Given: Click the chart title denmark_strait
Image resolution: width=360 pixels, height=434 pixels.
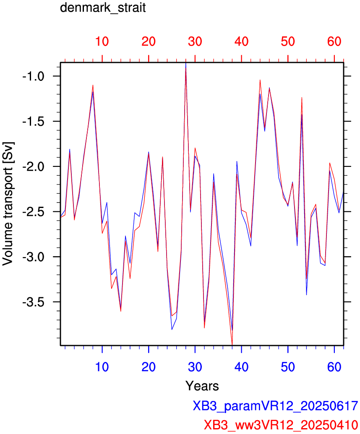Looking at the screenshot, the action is [x=103, y=8].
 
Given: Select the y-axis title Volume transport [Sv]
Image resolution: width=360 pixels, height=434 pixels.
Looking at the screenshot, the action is [x=8, y=204].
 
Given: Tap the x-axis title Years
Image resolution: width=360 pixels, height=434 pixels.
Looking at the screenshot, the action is [x=202, y=385].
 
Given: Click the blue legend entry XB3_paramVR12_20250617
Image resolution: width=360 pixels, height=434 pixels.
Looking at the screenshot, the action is [x=275, y=406].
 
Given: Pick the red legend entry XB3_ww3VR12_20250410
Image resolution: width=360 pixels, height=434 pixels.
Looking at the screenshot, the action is [x=281, y=425].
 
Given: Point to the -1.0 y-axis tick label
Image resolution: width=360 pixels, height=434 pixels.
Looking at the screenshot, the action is [x=33, y=76].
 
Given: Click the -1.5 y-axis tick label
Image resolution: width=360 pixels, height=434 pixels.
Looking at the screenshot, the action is [x=33, y=121].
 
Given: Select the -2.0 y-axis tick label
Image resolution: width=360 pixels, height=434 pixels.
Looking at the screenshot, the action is [x=33, y=166].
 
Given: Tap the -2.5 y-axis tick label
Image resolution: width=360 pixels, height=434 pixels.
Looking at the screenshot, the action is [x=33, y=212].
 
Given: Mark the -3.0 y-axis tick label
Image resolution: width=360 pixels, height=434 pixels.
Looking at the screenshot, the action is [x=33, y=257].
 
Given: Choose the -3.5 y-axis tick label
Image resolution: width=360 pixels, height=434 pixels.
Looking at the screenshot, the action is [x=33, y=302].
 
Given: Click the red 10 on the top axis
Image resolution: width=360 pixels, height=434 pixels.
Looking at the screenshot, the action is [x=102, y=42].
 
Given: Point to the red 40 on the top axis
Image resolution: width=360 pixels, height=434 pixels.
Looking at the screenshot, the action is [x=241, y=42].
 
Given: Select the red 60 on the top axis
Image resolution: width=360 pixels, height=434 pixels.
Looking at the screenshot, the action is [x=334, y=42].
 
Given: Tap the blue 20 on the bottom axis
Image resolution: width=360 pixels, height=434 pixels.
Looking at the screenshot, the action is [x=149, y=367].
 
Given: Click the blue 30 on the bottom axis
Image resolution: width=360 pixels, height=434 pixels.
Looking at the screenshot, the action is [x=195, y=367].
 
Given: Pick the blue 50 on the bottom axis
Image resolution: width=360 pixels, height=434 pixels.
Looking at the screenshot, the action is [x=288, y=367].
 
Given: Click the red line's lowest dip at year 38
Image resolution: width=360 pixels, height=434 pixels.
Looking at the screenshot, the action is [x=232, y=344].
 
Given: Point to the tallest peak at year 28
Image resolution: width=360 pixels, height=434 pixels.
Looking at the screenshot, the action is [x=185, y=64].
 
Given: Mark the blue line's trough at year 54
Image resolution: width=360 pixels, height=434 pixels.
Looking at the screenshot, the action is [x=306, y=294].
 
